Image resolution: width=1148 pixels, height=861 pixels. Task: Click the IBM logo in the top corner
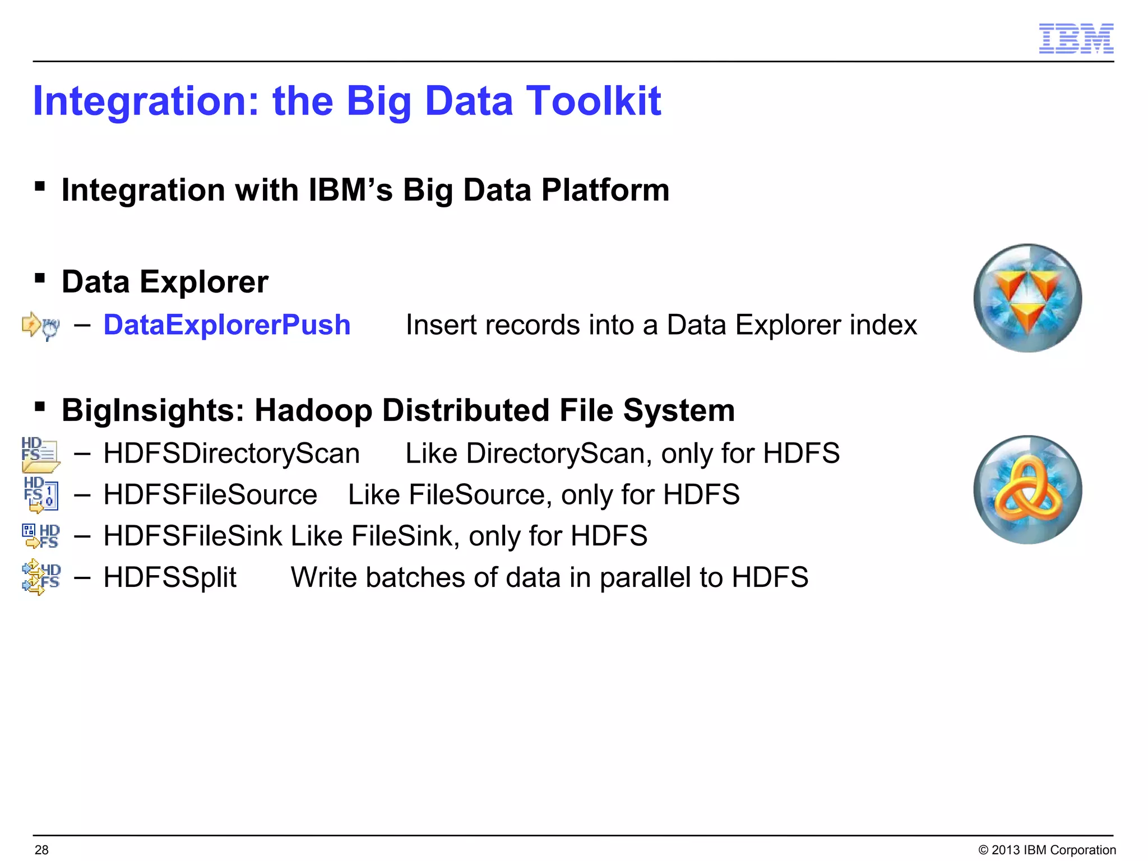[1076, 39]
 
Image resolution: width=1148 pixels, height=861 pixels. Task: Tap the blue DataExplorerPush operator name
[227, 325]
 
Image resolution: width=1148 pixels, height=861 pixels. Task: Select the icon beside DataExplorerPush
[40, 326]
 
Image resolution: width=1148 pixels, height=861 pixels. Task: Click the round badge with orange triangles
[1027, 298]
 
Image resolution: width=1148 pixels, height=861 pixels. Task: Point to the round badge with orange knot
[1027, 489]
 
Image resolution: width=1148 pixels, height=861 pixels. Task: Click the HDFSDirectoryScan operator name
[232, 453]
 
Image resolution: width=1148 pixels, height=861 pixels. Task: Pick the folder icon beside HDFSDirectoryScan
[40, 455]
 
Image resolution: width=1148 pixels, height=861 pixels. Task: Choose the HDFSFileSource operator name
[210, 495]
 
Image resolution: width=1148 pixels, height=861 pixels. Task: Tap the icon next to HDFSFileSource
[40, 495]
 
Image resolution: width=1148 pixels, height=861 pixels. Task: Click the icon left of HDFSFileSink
[40, 536]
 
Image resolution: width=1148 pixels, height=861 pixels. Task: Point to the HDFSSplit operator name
[170, 577]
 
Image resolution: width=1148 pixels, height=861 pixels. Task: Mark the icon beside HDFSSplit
[40, 577]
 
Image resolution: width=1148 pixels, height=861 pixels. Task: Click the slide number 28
[41, 850]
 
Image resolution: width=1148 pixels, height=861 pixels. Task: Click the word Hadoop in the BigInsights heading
[314, 410]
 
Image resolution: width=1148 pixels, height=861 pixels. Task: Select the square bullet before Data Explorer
[39, 278]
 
